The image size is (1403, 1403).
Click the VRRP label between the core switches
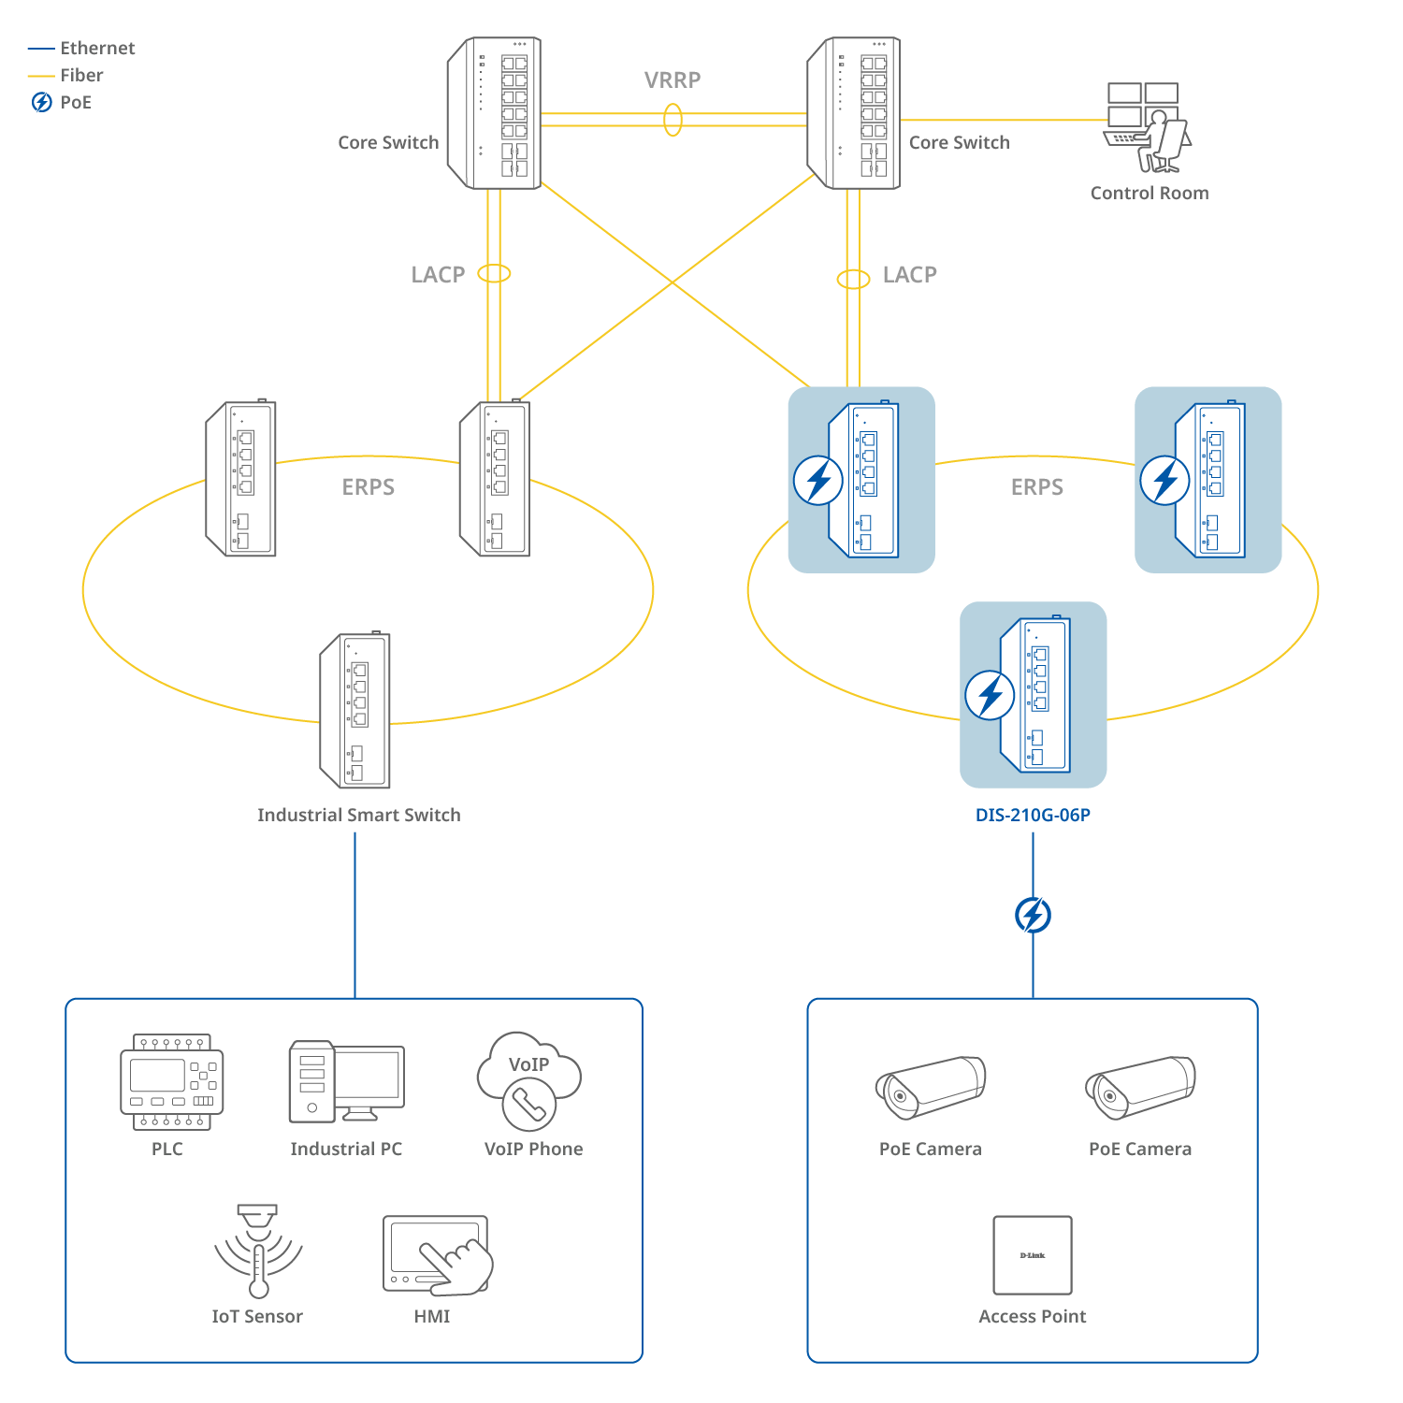(x=672, y=80)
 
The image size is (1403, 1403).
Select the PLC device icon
(x=172, y=1081)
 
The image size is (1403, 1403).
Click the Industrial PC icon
(x=346, y=1081)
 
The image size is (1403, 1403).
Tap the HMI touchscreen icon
(x=437, y=1255)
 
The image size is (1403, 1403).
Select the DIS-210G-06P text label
(x=1033, y=815)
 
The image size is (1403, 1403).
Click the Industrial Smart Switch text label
(x=359, y=815)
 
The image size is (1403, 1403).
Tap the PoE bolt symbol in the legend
(x=42, y=102)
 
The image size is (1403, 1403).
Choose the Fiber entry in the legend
(x=81, y=75)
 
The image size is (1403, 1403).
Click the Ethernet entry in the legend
(x=97, y=48)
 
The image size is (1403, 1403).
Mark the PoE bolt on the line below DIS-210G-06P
(x=1033, y=915)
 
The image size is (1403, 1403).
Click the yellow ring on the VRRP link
(x=673, y=120)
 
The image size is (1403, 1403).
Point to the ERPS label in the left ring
(x=368, y=487)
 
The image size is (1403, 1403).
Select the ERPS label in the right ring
(x=1036, y=487)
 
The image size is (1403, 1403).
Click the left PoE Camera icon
(x=930, y=1088)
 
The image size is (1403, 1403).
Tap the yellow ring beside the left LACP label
(x=494, y=273)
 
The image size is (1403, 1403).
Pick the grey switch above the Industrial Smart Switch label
(x=355, y=711)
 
